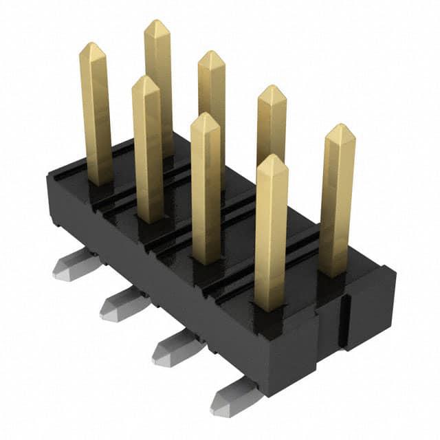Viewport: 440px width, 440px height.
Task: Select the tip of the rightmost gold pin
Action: click(x=340, y=128)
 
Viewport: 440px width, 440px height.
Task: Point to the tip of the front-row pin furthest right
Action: click(x=271, y=159)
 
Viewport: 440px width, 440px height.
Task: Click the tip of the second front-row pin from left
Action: click(x=146, y=80)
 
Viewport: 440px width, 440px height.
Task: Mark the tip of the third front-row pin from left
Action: click(x=205, y=117)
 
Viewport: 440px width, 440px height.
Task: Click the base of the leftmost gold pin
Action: click(x=100, y=180)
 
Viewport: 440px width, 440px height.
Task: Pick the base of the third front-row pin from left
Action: click(x=206, y=258)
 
